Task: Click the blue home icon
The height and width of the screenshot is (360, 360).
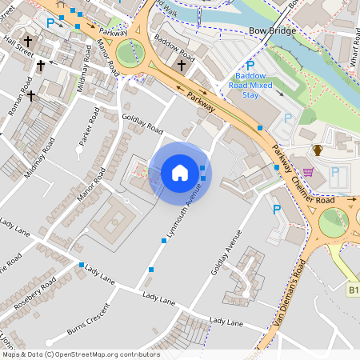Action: tap(180, 172)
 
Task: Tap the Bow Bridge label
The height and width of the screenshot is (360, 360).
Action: tap(272, 30)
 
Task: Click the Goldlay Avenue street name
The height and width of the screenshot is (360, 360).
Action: tap(226, 251)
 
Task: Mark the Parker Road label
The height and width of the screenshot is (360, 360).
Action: tap(92, 127)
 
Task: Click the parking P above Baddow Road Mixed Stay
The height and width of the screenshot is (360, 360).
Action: tap(250, 66)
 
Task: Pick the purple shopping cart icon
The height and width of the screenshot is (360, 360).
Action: tap(308, 171)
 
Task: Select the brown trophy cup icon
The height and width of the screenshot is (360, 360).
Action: tap(318, 150)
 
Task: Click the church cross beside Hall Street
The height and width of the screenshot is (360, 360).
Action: tap(28, 40)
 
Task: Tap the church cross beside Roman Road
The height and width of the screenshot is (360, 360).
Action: tap(31, 96)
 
